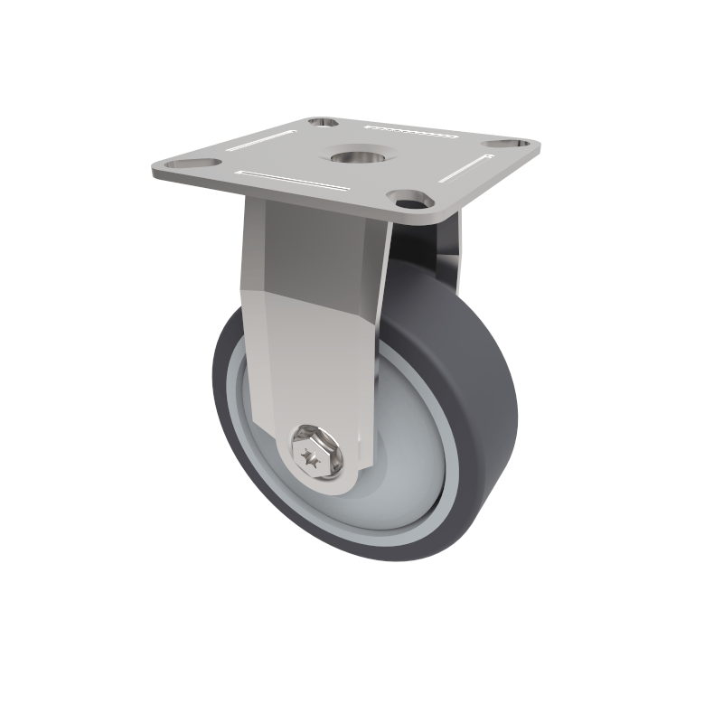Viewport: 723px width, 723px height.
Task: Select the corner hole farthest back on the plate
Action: [x=320, y=122]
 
